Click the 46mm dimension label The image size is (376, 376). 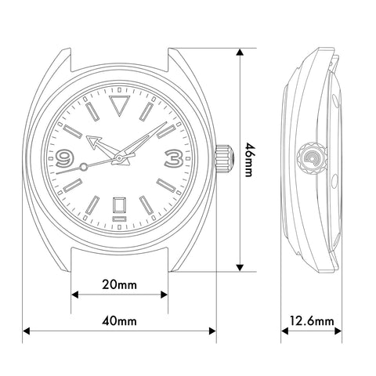pyautogui.click(x=248, y=160)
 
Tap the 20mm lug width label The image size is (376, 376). pyautogui.click(x=119, y=284)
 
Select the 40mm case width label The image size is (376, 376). pyautogui.click(x=119, y=321)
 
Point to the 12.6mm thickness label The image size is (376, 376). pyautogui.click(x=312, y=321)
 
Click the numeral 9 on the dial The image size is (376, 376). pyautogui.click(x=64, y=158)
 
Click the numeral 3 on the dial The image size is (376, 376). pyautogui.click(x=174, y=158)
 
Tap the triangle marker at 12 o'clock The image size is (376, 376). pyautogui.click(x=119, y=105)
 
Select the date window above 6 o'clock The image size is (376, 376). pyautogui.click(x=119, y=205)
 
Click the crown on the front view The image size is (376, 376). pyautogui.click(x=224, y=158)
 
